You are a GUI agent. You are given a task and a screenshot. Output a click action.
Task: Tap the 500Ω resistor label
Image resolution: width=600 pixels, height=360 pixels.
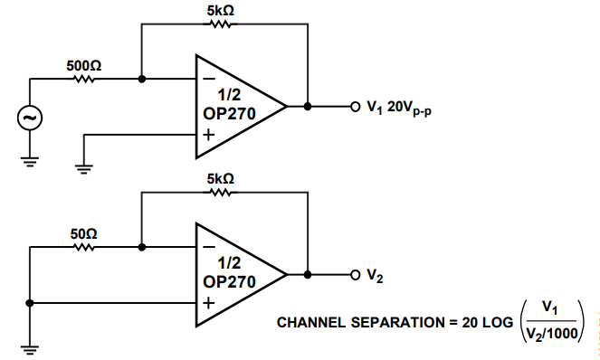pos(83,66)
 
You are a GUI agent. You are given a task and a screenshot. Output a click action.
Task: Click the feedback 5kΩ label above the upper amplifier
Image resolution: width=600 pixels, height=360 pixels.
pos(221,11)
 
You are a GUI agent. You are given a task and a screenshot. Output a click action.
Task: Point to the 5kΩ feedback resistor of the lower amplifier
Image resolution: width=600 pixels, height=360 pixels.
pos(221,192)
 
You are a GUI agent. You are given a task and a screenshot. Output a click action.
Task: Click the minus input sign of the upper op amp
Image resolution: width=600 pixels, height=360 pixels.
pos(209,79)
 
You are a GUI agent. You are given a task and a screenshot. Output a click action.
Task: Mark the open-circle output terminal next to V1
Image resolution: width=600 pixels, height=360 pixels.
pos(356,107)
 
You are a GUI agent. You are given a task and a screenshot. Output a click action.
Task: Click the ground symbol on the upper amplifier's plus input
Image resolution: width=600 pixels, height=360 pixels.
pos(83,166)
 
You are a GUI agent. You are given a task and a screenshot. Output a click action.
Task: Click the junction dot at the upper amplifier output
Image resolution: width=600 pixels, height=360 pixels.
pos(309,107)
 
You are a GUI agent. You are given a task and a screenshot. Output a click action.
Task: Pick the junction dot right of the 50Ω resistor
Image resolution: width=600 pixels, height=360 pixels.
pos(142,246)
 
